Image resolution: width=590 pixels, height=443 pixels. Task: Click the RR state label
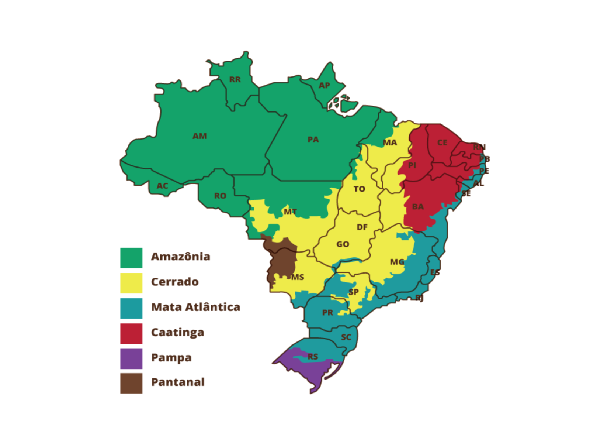coord(235,79)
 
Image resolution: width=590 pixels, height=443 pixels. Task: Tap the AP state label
coord(324,85)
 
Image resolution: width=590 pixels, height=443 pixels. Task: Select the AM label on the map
coord(199,136)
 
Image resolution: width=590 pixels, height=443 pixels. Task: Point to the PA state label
coord(313,140)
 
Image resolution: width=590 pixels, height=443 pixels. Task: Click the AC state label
coord(162,186)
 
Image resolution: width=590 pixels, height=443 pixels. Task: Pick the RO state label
coord(220,196)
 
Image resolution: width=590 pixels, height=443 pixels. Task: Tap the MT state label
coord(290,212)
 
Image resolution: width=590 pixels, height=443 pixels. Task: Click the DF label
coord(362,227)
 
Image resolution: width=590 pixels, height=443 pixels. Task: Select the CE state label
coord(442,142)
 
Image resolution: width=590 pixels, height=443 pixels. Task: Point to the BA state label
coord(418,206)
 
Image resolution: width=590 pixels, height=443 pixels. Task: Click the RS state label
coord(313,356)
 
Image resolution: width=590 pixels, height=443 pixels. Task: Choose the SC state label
coord(346,337)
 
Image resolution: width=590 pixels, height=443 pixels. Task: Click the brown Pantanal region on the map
coord(282,258)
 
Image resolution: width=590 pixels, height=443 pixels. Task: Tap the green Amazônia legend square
coord(131,258)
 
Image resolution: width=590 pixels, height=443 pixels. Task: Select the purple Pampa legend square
coord(131,358)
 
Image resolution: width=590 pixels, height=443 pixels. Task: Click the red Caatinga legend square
coord(131,333)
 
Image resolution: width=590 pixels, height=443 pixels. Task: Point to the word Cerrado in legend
coord(175,282)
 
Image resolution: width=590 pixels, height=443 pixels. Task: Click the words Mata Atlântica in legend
coord(195,307)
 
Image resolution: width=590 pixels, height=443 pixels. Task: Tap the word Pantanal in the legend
coord(178,382)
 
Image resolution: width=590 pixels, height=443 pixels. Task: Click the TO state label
coord(359,189)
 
